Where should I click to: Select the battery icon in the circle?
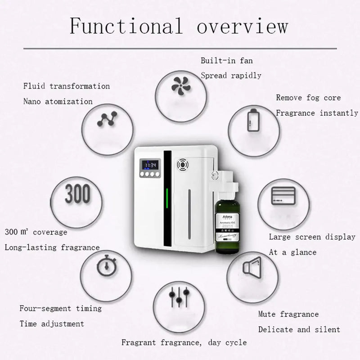pyautogui.click(x=252, y=120)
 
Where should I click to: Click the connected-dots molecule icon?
pyautogui.click(x=107, y=119)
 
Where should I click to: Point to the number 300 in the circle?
pyautogui.click(x=77, y=194)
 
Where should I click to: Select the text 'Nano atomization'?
pyautogui.click(x=58, y=101)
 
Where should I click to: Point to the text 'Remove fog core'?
pyautogui.click(x=308, y=98)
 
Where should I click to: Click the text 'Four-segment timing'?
pyautogui.click(x=60, y=309)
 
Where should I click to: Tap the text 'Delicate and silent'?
pyautogui.click(x=299, y=329)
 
